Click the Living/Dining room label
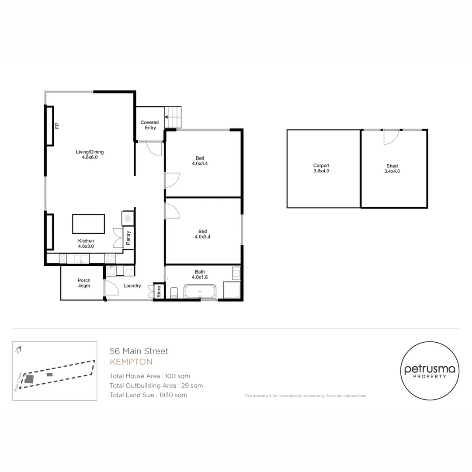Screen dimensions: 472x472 (x=90, y=154)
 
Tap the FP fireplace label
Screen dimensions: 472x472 (x=57, y=126)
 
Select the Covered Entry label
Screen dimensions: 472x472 (x=149, y=125)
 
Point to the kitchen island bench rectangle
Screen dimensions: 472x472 (x=88, y=224)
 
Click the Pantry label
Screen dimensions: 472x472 (x=128, y=238)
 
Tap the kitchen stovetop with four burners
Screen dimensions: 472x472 (x=110, y=258)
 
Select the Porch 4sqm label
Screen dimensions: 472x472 (x=84, y=283)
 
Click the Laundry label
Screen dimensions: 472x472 (x=132, y=286)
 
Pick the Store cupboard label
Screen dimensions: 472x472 (x=159, y=292)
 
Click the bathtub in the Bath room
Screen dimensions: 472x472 (x=200, y=292)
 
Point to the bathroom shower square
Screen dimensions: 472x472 (x=232, y=290)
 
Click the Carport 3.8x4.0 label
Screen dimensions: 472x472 (x=321, y=168)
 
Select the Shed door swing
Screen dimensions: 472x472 (x=391, y=137)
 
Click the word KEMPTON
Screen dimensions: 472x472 (x=131, y=362)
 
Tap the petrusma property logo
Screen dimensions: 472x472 (x=430, y=371)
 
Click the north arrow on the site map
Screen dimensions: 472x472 (x=18, y=350)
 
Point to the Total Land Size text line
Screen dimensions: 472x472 (x=149, y=395)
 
